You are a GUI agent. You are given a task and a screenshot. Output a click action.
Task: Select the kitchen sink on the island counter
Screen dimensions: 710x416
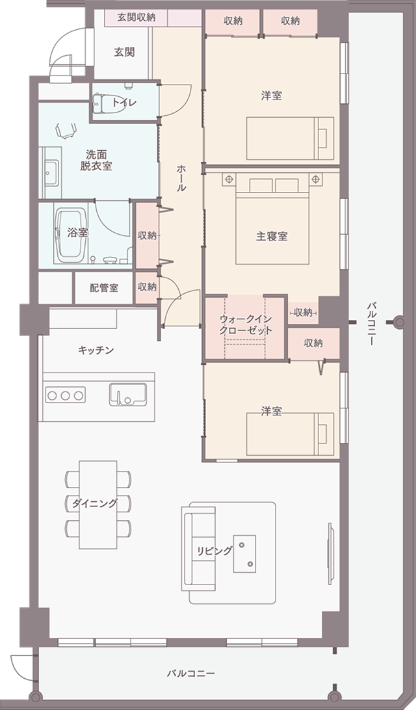pos(127,394)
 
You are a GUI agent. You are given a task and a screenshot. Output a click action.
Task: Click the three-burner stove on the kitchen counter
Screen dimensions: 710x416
pos(65,394)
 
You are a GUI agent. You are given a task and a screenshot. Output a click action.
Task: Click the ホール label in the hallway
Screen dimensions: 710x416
pos(181,177)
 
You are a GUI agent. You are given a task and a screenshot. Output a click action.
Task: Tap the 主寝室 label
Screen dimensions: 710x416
pos(272,237)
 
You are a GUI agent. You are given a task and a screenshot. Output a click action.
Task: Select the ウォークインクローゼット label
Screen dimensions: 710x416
pos(245,325)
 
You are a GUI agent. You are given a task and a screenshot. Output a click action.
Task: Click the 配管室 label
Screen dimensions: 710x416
pos(104,287)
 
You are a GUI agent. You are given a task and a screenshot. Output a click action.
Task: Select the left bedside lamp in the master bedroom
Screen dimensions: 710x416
pos(229,178)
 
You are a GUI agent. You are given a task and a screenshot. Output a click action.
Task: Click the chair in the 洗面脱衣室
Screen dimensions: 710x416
pos(65,131)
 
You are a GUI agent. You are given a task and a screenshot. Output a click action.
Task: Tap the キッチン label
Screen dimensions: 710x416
pos(96,350)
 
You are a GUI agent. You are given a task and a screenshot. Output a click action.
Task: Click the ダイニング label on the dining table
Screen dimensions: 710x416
pos(95,503)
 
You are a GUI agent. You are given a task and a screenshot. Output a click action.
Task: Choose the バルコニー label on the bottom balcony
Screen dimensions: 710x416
pos(190,674)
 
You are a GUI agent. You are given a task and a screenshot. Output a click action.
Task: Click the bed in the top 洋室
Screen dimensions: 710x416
pos(289,138)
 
